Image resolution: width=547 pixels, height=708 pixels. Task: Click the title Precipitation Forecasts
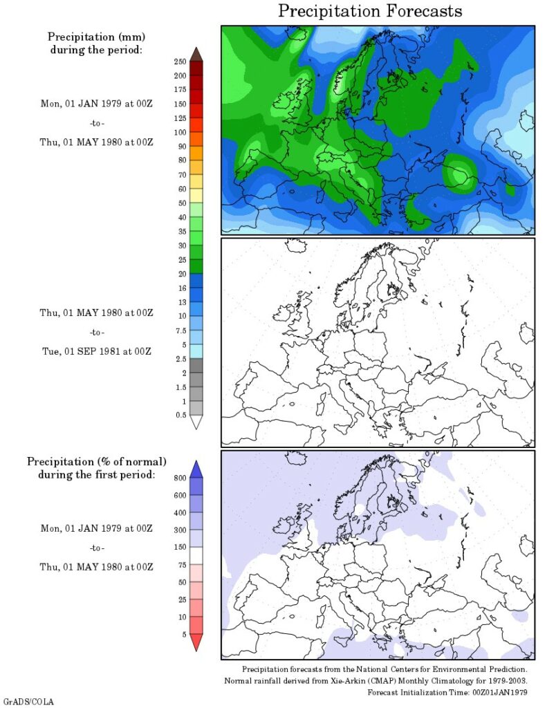(370, 12)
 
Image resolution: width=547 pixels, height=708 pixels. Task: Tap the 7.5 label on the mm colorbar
(180, 330)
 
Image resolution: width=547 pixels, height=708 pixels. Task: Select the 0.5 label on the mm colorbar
(180, 415)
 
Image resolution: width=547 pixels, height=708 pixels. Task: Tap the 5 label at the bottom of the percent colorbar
(183, 633)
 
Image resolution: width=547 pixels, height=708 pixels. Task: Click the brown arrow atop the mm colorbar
(196, 54)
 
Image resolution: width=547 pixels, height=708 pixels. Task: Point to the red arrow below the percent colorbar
(196, 642)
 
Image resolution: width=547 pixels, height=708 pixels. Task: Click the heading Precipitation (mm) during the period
(95, 43)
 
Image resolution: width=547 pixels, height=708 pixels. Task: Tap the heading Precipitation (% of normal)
(96, 461)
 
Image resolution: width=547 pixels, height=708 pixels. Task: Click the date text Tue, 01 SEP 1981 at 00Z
(95, 351)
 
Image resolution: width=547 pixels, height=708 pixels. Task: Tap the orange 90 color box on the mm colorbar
(196, 147)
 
